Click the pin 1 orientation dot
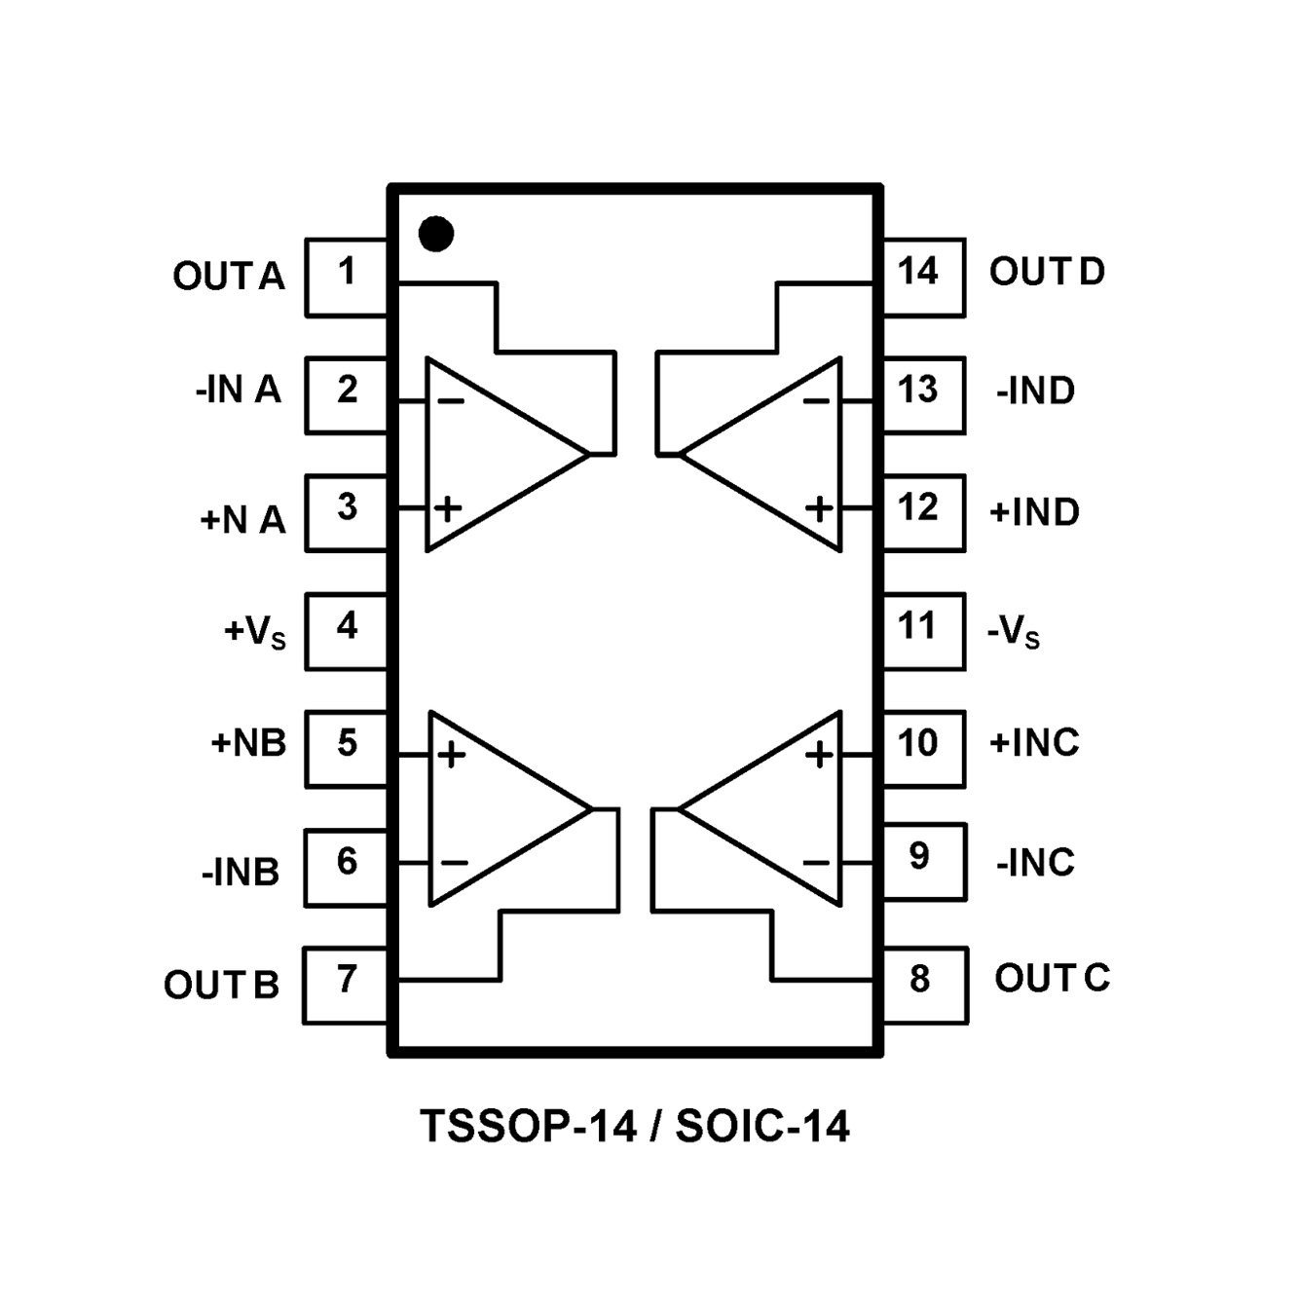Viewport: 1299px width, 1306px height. (435, 234)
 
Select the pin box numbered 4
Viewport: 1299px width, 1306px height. (347, 630)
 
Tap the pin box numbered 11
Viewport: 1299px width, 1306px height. (922, 630)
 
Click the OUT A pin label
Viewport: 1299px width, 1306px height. (229, 277)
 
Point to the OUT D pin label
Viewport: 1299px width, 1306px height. (1047, 272)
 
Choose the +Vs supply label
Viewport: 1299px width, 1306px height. (255, 632)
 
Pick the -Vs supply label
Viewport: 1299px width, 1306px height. (1014, 633)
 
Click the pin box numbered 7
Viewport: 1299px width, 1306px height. (346, 984)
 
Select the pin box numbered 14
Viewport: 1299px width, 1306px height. (922, 277)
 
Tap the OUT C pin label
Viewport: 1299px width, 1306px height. (1052, 978)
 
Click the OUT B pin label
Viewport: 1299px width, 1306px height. (221, 985)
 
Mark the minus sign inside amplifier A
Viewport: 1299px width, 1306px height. (451, 400)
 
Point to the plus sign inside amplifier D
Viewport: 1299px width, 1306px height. (820, 508)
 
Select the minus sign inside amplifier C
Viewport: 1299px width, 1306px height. (816, 862)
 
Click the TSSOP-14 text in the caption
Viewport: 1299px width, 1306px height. (528, 1126)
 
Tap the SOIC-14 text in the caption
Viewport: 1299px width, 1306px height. (762, 1126)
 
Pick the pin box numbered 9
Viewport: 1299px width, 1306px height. (923, 861)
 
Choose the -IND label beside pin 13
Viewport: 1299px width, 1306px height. (1035, 392)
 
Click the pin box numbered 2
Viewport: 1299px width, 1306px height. (347, 394)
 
